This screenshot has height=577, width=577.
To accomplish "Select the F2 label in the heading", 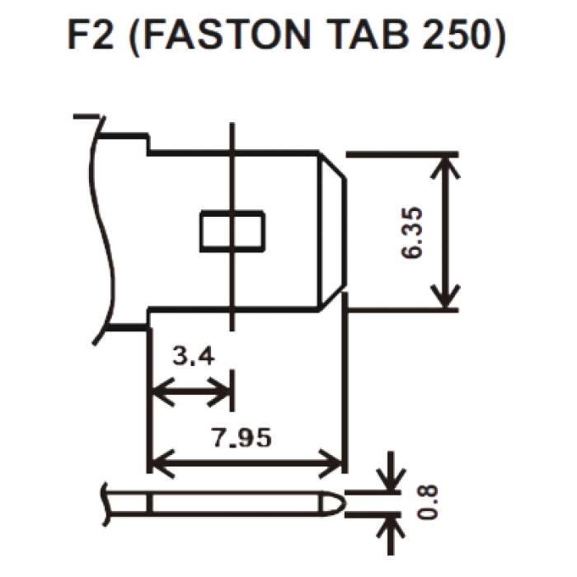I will (91, 35).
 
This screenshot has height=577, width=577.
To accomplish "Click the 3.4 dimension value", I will (194, 357).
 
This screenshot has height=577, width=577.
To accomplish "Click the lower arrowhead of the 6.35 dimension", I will (444, 299).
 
